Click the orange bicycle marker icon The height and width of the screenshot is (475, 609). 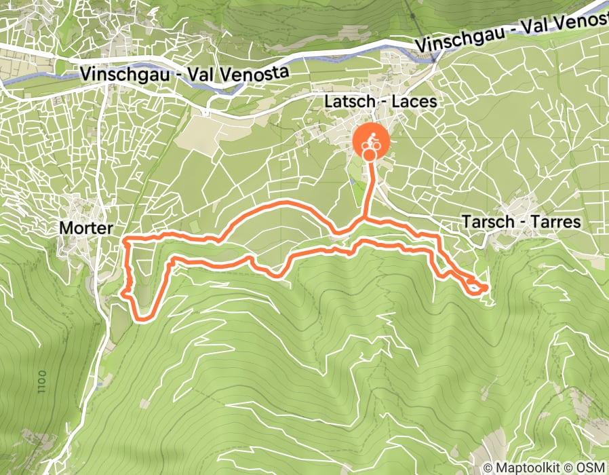tap(372, 142)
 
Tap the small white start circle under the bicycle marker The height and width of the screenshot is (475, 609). tap(369, 155)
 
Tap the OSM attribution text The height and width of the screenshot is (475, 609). tap(589, 468)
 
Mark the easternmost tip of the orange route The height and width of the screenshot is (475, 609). tap(486, 288)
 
